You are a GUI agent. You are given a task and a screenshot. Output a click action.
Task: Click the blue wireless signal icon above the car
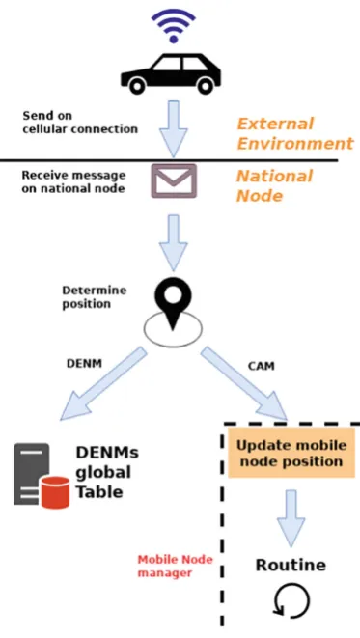[x=174, y=25]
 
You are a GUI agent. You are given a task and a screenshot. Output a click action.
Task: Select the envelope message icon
[x=174, y=181]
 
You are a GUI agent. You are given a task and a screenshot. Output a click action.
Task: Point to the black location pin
[x=174, y=301]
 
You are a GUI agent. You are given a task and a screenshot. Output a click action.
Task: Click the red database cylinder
[x=56, y=492]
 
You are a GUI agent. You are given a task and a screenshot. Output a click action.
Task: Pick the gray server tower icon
[x=32, y=474]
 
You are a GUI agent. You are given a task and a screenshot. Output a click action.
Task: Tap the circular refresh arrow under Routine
[x=291, y=601]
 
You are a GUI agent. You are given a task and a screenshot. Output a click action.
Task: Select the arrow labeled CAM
[x=245, y=383]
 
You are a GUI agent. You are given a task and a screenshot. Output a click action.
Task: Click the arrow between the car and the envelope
[x=174, y=129]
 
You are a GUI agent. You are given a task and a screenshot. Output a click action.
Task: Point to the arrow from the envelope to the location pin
[x=174, y=243]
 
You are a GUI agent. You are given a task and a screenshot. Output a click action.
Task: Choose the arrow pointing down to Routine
[x=291, y=518]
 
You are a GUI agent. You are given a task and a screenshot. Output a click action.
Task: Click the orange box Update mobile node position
[x=291, y=453]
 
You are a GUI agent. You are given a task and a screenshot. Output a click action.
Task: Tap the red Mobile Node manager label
[x=175, y=566]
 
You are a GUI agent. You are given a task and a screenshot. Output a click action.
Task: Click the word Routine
[x=291, y=565]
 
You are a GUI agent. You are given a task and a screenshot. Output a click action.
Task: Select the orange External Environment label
[x=295, y=133]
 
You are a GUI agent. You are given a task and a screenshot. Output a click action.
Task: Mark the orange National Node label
[x=275, y=185]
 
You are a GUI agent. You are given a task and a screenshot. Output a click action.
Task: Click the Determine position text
[x=95, y=297]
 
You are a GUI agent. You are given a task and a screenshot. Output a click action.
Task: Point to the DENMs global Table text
[x=107, y=472]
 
